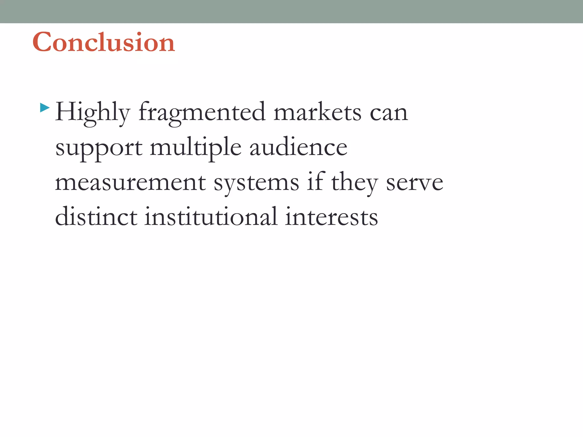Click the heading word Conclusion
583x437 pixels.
104,42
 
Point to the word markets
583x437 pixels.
317,112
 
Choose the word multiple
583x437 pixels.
196,148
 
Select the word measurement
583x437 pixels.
130,183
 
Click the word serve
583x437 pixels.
414,183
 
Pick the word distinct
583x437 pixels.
96,217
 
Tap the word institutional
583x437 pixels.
211,217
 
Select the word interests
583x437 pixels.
331,217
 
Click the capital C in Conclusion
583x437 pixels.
42,42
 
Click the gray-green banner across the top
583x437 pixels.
291,11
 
